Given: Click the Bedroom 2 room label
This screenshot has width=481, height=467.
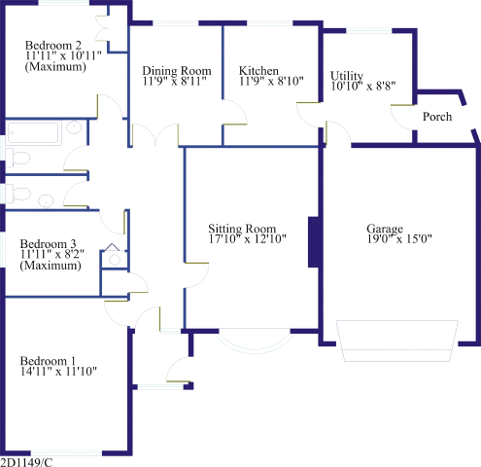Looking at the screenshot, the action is pos(53,45).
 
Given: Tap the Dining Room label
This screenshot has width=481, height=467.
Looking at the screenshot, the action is pos(177,71).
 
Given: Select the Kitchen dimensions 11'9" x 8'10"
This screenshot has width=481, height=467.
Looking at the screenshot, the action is pos(271,81).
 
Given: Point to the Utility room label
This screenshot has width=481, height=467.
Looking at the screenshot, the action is pos(347,76).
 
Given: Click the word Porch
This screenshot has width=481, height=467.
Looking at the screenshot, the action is pos(437,117).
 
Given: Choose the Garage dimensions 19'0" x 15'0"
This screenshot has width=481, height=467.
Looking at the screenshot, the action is pos(399,239).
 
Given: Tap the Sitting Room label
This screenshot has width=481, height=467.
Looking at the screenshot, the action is pos(242,229).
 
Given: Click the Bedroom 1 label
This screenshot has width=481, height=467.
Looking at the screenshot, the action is pos(48,361).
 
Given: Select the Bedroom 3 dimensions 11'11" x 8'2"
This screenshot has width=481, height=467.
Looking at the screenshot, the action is pos(52,254).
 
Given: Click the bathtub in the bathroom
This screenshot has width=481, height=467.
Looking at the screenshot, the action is pos(34,132).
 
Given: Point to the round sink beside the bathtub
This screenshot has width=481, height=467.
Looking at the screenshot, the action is pos(74,127).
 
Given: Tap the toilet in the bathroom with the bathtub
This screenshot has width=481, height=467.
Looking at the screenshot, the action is pos(17,159).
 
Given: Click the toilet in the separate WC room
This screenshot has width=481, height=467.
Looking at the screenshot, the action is pos(17,194).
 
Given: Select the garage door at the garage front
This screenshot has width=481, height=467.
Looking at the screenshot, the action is pos(397,341).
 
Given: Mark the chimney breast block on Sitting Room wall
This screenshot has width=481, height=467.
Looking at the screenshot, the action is pos(315,242).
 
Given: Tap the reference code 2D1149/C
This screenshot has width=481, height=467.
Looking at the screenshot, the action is pos(26,462).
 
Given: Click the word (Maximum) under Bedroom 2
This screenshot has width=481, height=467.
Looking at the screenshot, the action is pos(55,67).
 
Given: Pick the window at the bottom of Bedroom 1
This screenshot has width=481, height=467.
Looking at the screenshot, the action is pos(66,453).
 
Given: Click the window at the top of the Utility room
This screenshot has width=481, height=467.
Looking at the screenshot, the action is pos(369,31).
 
